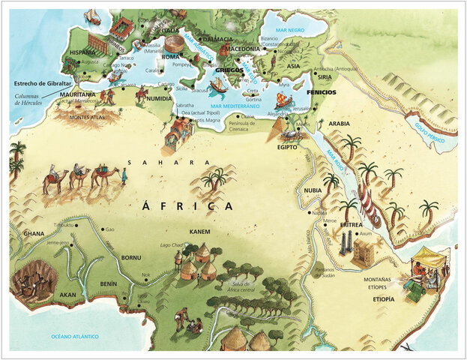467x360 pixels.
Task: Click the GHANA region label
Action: (x=34, y=234)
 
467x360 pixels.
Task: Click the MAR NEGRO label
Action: (x=291, y=31)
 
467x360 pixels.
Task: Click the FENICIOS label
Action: (x=321, y=92)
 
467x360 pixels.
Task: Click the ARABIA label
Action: (x=340, y=123)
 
